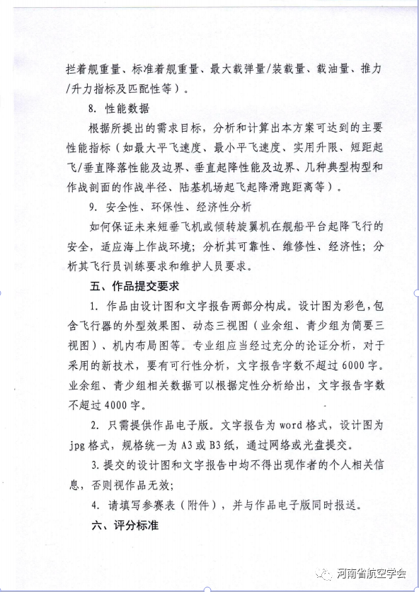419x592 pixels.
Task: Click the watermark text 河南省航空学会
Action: tap(372, 574)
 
